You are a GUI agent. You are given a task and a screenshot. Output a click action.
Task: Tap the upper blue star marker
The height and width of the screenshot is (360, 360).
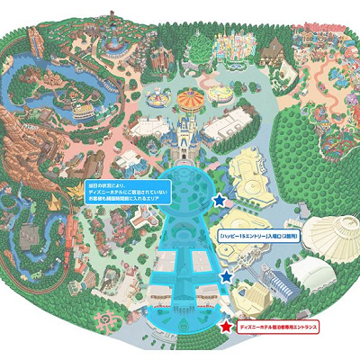pyautogui.click(x=218, y=200)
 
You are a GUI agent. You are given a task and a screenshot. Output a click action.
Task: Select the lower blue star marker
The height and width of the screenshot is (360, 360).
pyautogui.click(x=225, y=278)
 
